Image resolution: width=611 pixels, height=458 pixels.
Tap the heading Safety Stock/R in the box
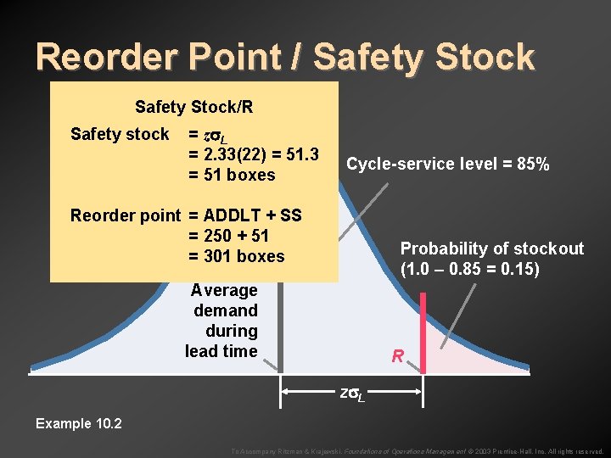pos(193,107)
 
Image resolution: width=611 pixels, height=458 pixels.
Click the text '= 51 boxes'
pos(232,175)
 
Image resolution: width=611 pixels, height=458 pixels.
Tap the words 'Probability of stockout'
pos(492,249)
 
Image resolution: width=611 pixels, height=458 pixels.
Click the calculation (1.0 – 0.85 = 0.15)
pos(470,270)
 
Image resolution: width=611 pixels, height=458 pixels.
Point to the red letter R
pos(397,357)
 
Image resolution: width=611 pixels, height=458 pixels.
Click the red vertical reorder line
pos(422,331)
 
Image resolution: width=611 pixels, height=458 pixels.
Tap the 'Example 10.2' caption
pos(79,423)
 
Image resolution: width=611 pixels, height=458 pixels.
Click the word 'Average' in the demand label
pos(224,290)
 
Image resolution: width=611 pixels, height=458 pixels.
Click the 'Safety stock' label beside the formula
pos(120,134)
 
